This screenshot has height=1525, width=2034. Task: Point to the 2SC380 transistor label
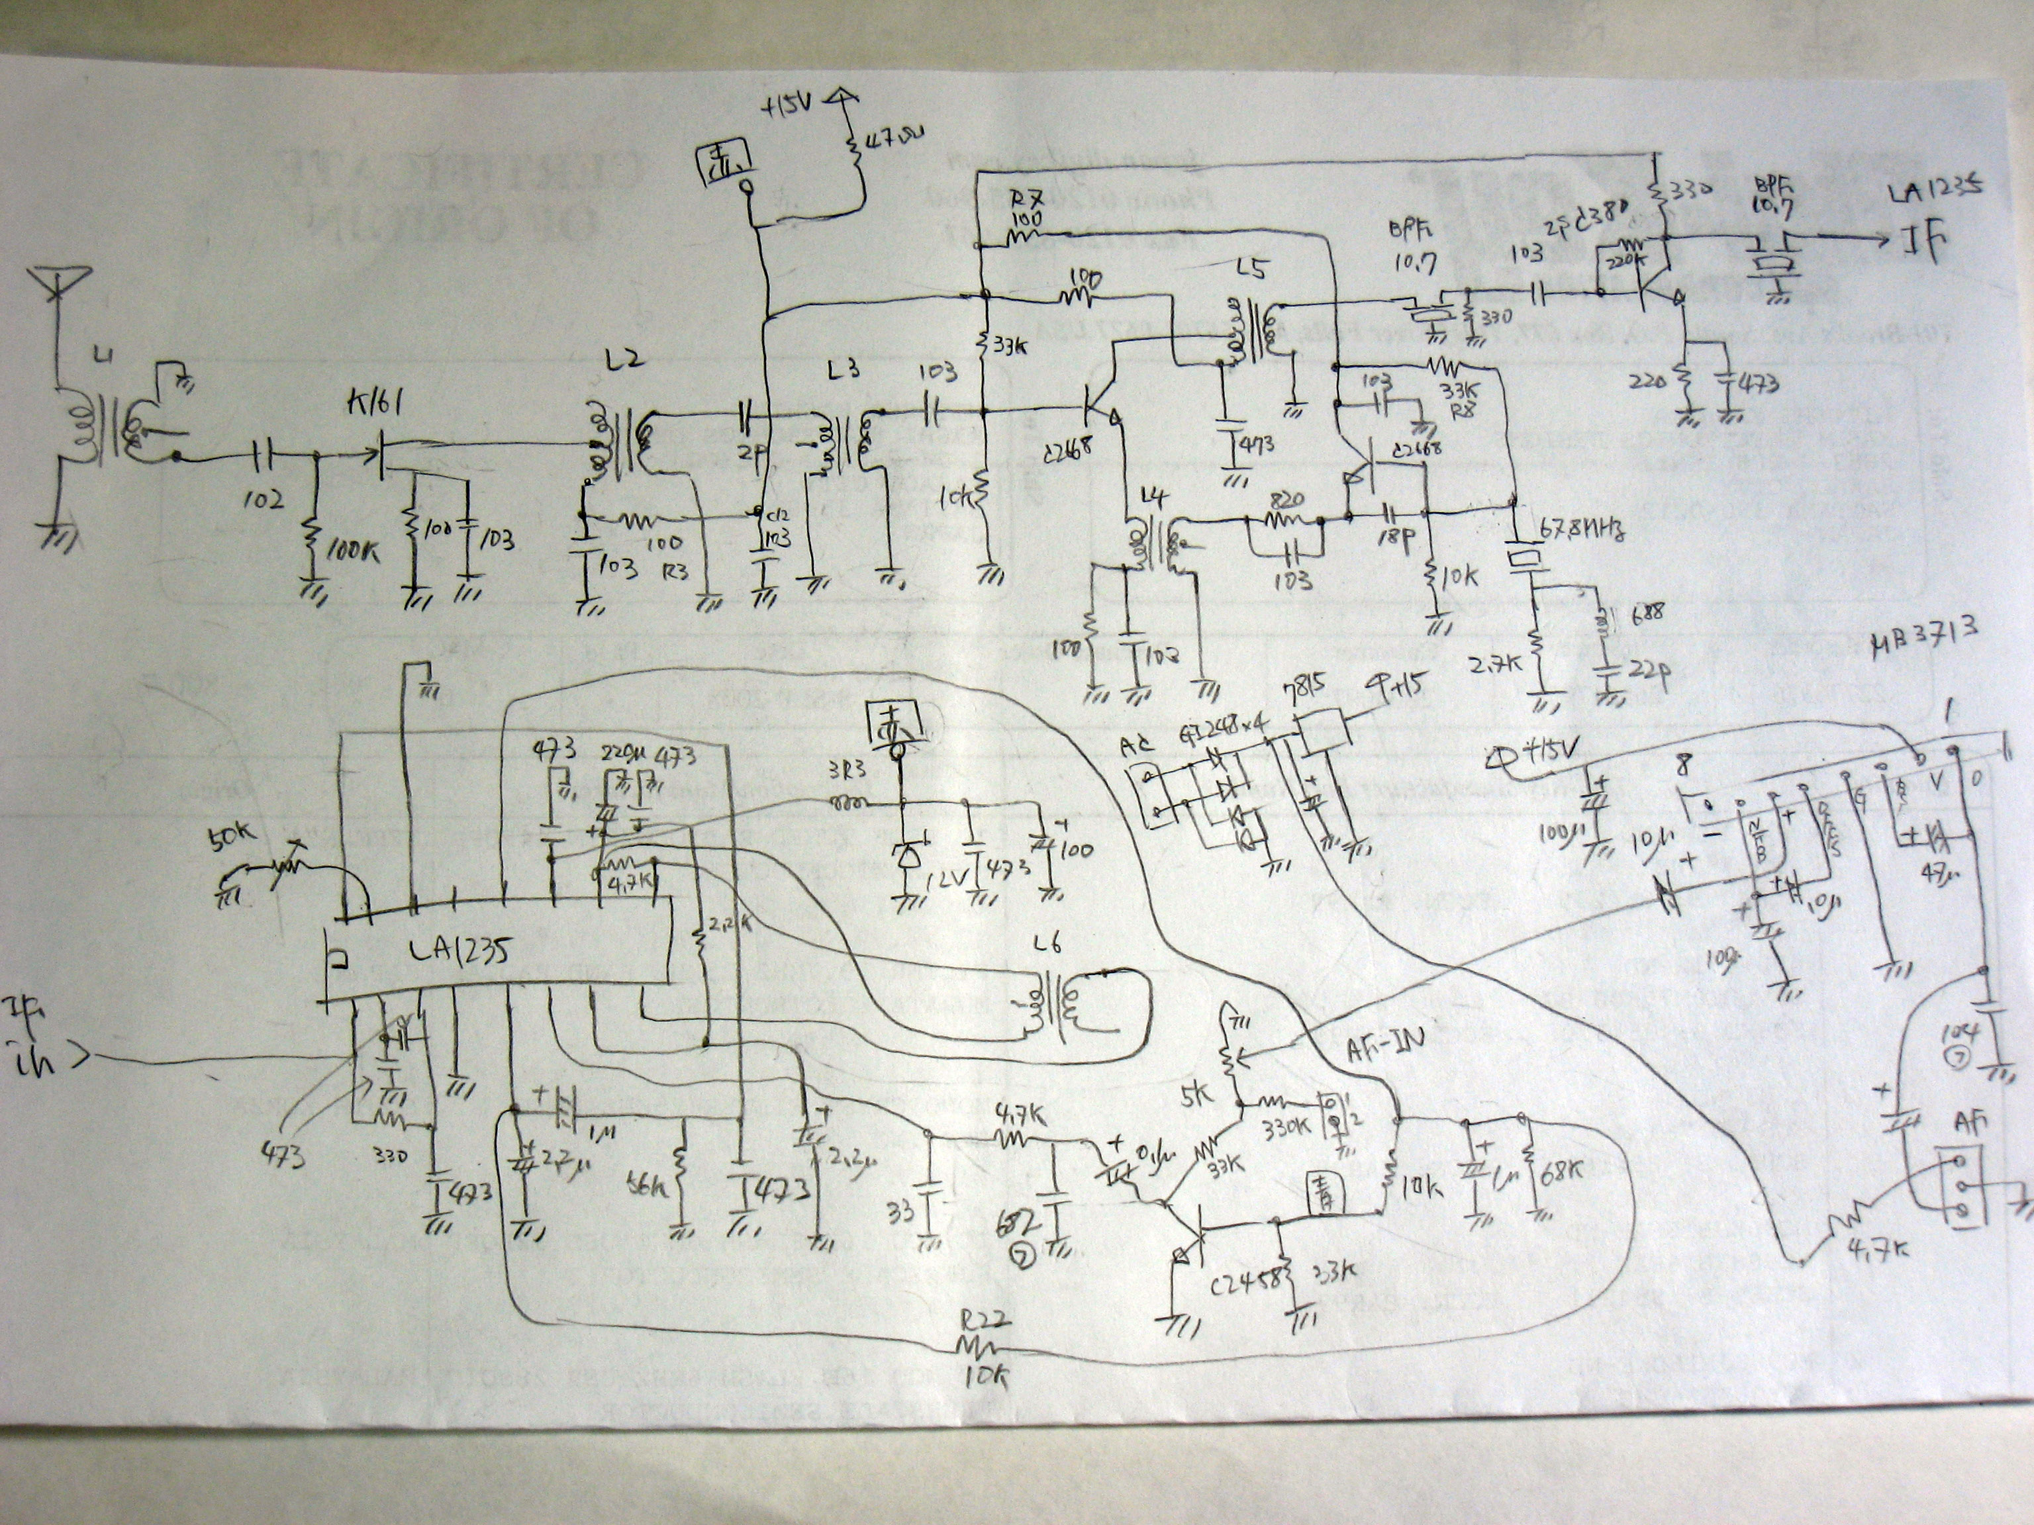click(x=1596, y=232)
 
